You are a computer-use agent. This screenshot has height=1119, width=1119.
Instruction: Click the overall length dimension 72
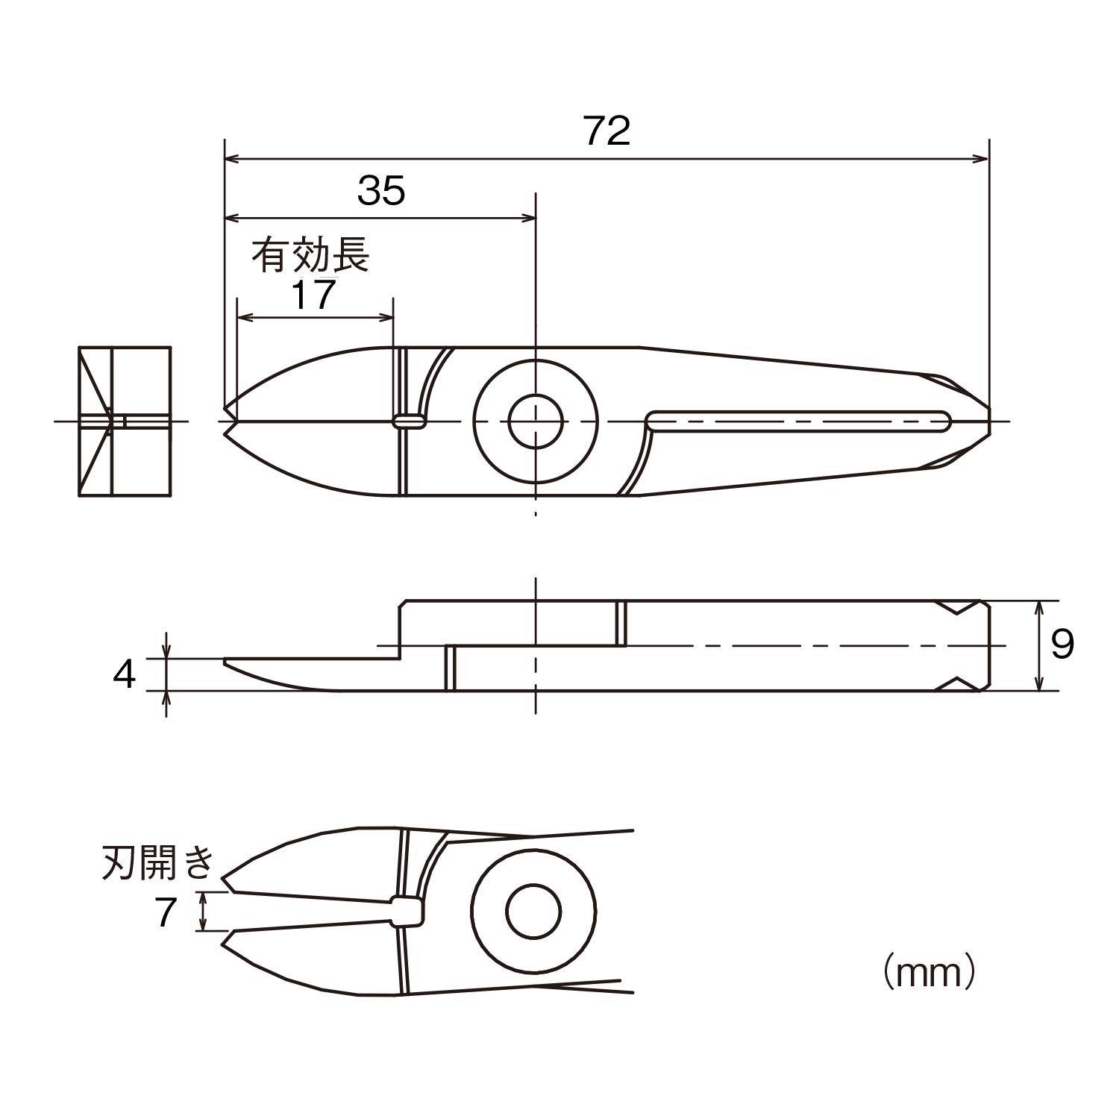click(607, 131)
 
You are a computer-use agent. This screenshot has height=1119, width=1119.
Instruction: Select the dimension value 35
click(381, 190)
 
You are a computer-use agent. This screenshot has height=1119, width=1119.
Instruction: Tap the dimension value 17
click(313, 295)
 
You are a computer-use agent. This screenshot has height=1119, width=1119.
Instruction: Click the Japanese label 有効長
click(310, 255)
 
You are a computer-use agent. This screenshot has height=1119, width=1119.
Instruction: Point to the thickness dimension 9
click(1062, 644)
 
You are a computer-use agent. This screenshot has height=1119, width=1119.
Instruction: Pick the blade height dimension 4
click(125, 674)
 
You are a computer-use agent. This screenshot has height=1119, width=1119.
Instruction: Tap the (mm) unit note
click(930, 971)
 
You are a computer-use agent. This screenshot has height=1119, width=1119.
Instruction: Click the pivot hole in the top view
click(536, 421)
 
